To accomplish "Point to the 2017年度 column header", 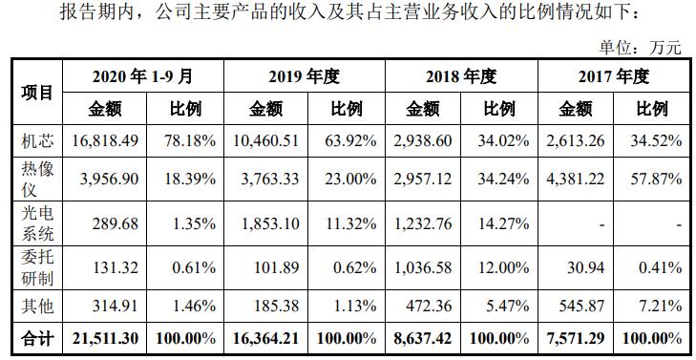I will point(613,76).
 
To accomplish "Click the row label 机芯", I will point(36,141).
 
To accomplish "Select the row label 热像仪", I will point(36,179).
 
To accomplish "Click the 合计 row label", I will point(36,336).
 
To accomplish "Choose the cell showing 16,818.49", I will point(105,141).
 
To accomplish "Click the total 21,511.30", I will point(105,336).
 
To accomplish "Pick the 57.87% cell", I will point(657,179).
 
